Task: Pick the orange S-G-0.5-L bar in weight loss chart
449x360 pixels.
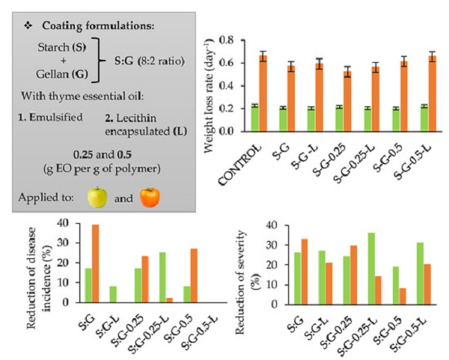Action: [431, 94]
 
